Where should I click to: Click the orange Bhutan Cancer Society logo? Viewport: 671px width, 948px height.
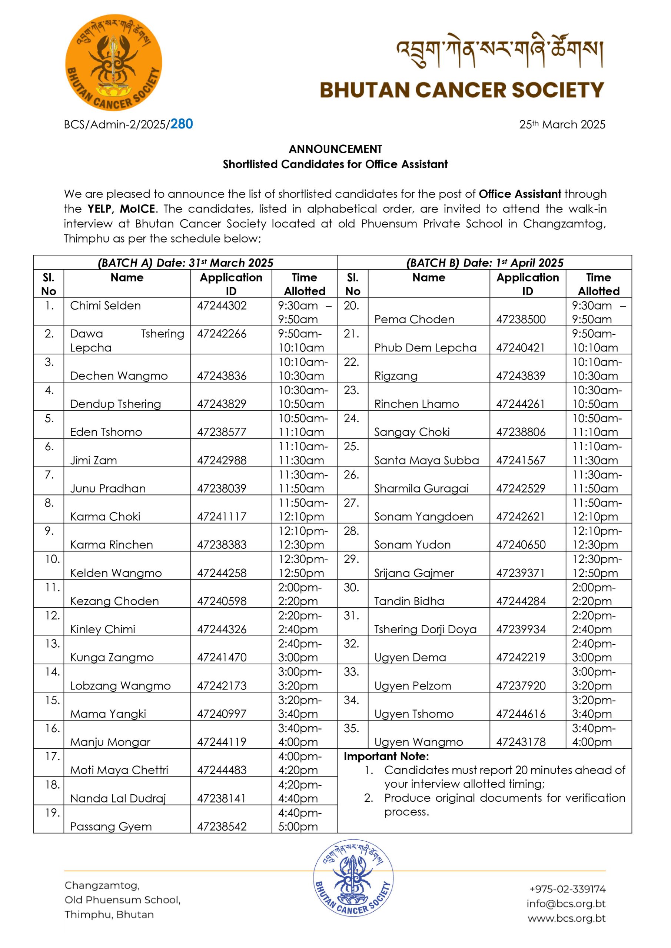point(114,63)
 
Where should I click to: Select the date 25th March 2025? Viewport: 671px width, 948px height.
point(562,124)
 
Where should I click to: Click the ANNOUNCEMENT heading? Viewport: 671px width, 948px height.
point(335,149)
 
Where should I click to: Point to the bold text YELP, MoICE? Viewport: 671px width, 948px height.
point(122,208)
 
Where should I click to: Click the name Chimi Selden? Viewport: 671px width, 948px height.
point(105,306)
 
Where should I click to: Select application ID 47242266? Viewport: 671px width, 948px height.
point(222,334)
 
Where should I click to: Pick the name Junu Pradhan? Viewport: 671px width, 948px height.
point(108,488)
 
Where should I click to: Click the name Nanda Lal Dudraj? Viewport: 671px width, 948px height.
point(118,798)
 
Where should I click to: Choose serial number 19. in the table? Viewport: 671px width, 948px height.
point(53,812)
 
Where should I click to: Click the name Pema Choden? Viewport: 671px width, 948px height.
point(414,319)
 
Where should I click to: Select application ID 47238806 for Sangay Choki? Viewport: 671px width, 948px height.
point(521,432)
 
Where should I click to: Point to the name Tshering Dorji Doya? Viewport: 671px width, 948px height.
point(425,629)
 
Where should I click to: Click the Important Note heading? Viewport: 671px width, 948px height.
point(386,756)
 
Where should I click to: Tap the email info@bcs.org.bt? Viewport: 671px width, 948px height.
point(566,904)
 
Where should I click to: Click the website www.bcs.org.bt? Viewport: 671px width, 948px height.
point(566,918)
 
